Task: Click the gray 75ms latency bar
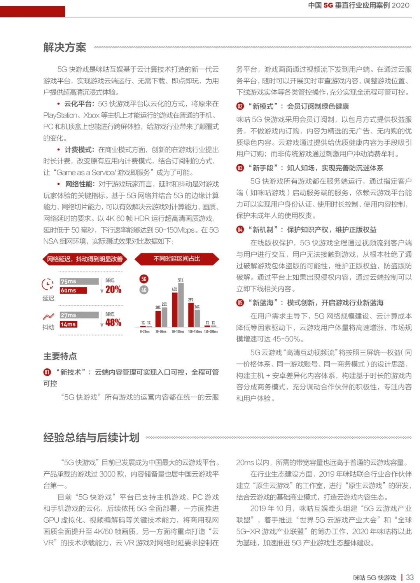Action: click(x=79, y=281)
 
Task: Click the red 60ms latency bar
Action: click(x=73, y=291)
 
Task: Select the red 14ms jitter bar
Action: click(x=68, y=324)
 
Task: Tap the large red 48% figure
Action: click(x=113, y=322)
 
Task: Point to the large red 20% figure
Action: click(x=113, y=289)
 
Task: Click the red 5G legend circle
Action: click(x=144, y=279)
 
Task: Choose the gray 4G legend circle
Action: click(x=144, y=290)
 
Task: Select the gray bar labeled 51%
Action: click(x=181, y=305)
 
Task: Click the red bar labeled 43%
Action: click(x=175, y=310)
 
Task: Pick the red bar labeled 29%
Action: click(x=191, y=314)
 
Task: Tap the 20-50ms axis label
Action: click(x=161, y=332)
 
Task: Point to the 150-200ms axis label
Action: click(x=211, y=332)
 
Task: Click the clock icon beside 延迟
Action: click(x=47, y=285)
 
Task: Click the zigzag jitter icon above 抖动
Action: click(x=49, y=317)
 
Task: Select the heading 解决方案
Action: click(x=65, y=47)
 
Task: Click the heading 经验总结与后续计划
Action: click(x=91, y=438)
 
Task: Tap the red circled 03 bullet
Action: click(x=240, y=168)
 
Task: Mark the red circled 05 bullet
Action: click(x=240, y=303)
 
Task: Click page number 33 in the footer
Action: click(x=409, y=578)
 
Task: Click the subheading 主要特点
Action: click(x=60, y=356)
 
